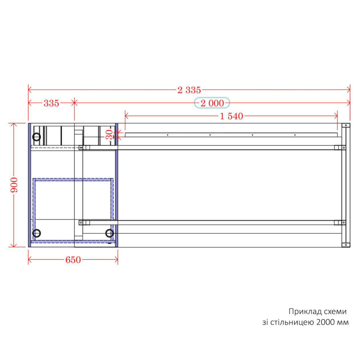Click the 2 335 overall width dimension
pos(189,90)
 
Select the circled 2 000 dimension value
pos(212,103)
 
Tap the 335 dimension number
pos(51,103)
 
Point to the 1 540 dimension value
pos(231,116)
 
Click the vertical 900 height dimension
pos(14,185)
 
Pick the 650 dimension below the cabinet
pos(73,260)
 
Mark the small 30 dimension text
pos(110,135)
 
